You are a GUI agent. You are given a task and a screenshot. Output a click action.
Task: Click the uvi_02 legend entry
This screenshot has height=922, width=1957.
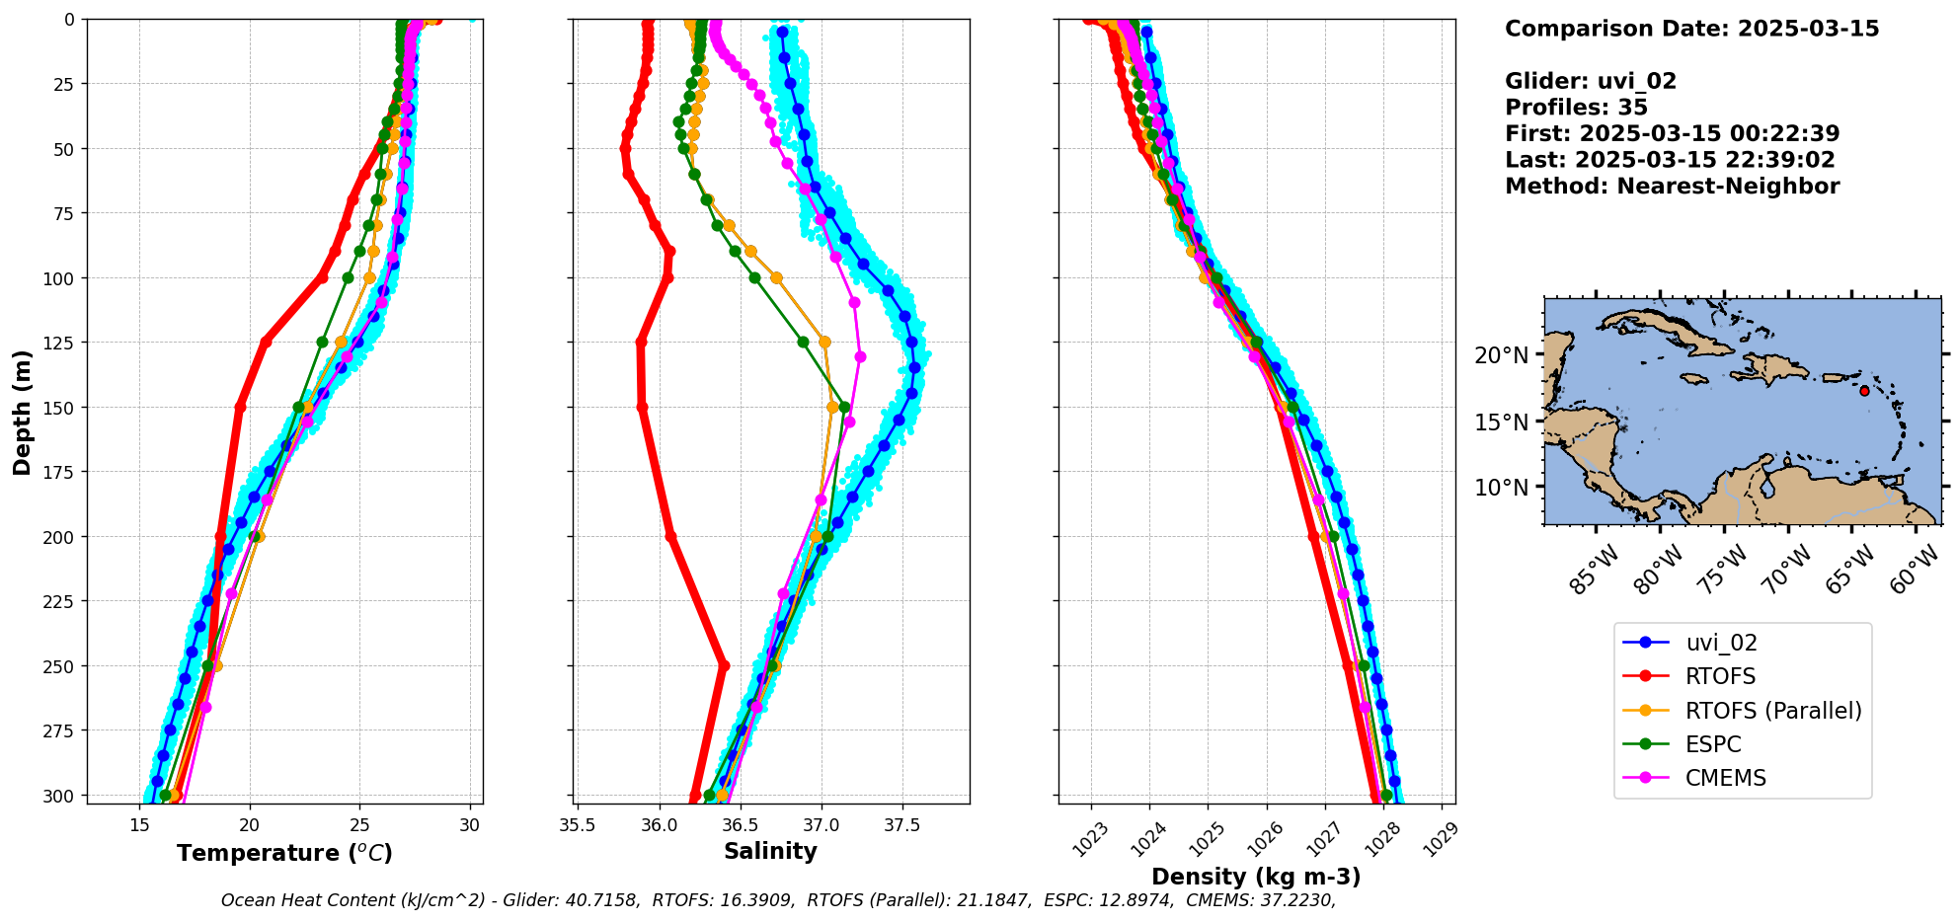click(x=1721, y=643)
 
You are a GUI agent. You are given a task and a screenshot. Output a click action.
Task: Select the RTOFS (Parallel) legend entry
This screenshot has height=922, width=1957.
click(x=1773, y=711)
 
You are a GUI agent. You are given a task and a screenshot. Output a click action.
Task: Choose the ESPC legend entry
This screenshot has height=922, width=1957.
click(x=1713, y=744)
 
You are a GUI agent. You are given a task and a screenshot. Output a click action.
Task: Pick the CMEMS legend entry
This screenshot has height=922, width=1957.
click(x=1725, y=778)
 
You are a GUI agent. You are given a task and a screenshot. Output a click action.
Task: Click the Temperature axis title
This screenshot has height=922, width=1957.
click(x=284, y=853)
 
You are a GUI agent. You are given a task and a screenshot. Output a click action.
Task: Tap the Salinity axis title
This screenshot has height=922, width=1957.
click(x=770, y=851)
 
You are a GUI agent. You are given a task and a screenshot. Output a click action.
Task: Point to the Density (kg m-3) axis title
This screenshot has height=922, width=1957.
click(x=1256, y=877)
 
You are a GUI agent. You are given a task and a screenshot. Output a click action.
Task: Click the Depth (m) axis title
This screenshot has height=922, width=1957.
click(x=22, y=412)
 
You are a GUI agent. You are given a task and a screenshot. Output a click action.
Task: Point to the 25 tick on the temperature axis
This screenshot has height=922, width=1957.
click(x=359, y=823)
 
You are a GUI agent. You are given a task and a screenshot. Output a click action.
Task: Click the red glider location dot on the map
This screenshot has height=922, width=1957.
click(x=1864, y=391)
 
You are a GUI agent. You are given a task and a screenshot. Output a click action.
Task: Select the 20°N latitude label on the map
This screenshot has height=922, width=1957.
click(x=1501, y=354)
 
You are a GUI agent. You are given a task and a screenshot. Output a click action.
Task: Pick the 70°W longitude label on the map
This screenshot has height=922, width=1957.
click(x=1788, y=570)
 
